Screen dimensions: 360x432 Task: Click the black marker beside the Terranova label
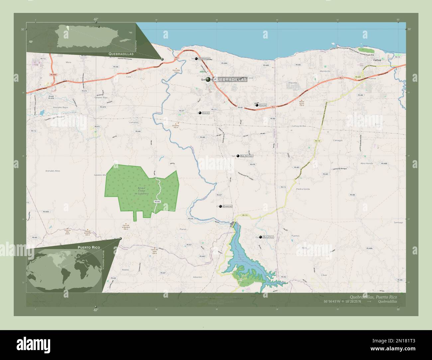[196, 59]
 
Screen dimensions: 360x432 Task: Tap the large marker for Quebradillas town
[208, 79]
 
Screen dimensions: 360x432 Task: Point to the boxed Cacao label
[206, 113]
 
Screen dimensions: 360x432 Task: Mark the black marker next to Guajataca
[261, 237]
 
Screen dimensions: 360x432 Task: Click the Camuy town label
[377, 60]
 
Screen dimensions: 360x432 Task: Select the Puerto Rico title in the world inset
[88, 248]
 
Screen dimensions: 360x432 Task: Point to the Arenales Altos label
[53, 171]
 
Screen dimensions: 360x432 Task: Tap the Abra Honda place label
[367, 163]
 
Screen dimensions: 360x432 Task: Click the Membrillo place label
[325, 71]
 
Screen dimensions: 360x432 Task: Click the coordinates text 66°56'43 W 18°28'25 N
[376, 301]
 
